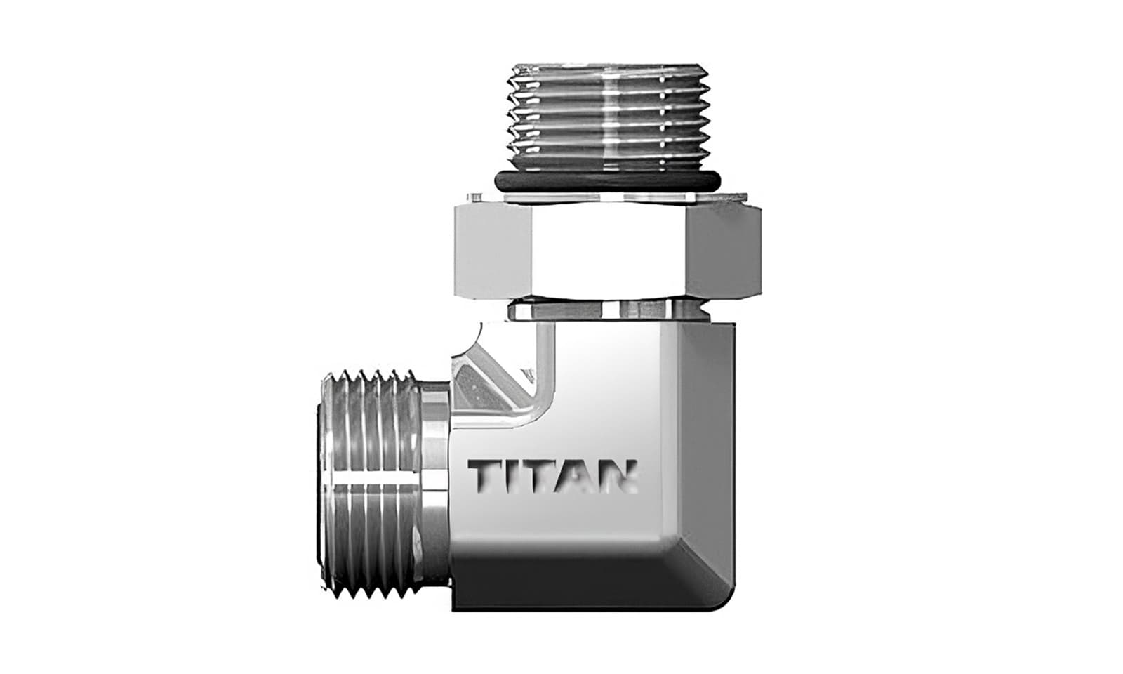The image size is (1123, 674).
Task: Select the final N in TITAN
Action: pyautogui.click(x=620, y=475)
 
